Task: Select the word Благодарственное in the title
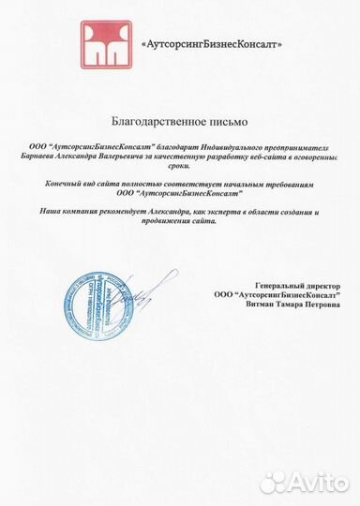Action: pos(154,123)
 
